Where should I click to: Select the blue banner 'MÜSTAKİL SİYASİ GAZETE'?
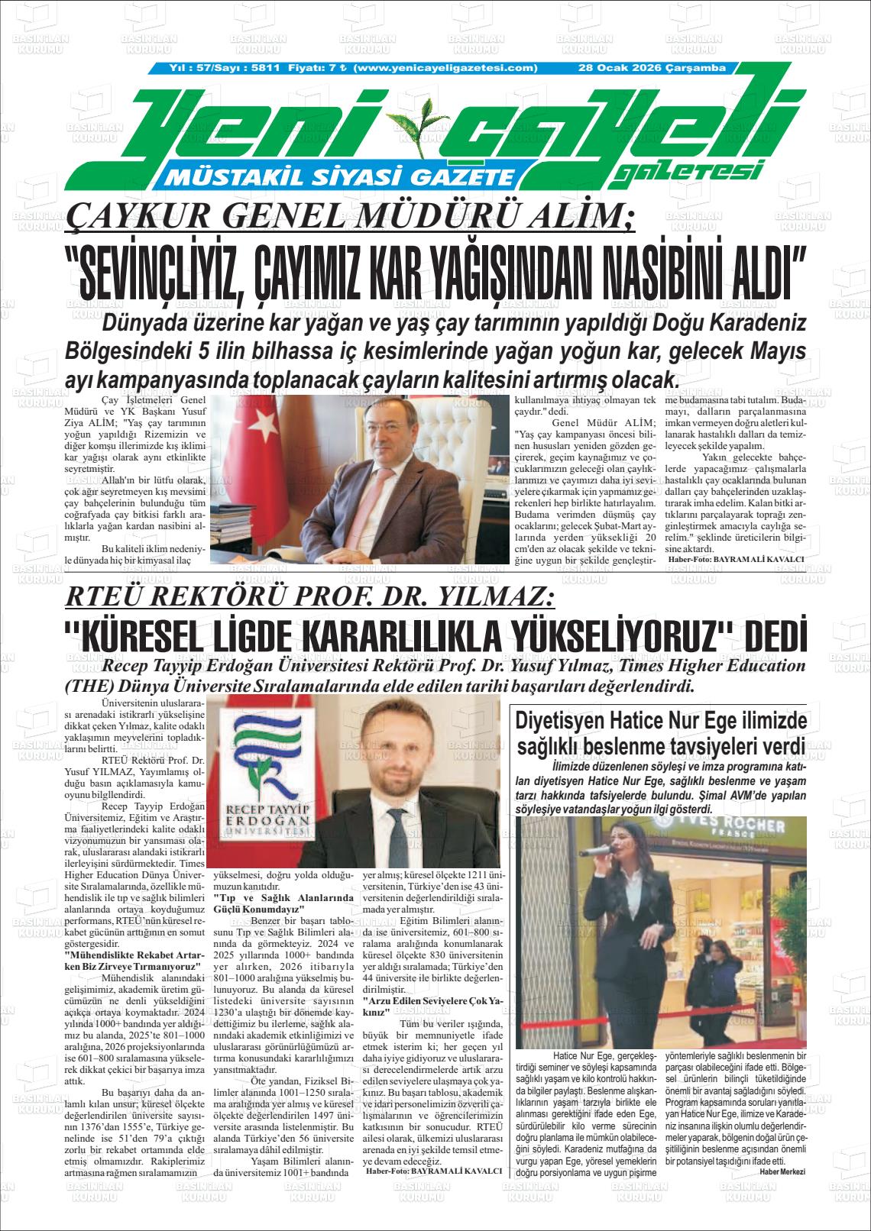tap(343, 178)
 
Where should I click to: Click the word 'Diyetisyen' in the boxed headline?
tap(561, 719)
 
